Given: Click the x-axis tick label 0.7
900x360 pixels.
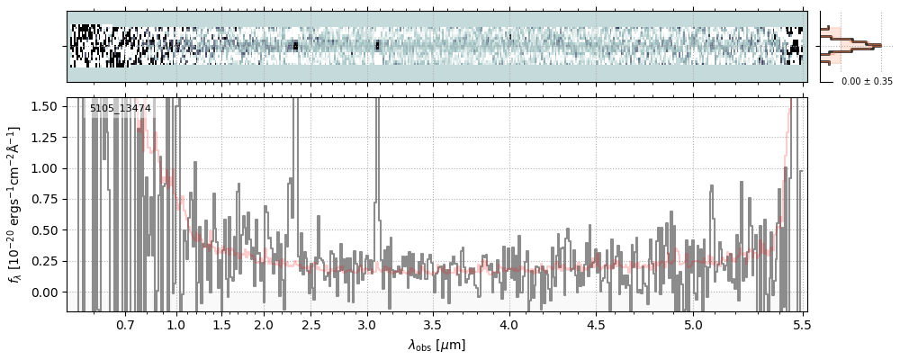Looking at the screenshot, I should pos(125,324).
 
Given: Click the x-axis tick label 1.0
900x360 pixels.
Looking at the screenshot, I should pos(176,324).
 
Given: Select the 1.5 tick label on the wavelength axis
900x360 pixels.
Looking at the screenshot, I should pos(221,324).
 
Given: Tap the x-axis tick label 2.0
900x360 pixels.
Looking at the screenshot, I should pos(263,324).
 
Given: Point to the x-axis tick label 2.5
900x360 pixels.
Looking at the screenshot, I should pos(310,324).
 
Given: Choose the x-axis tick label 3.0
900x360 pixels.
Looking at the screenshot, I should pos(365,324).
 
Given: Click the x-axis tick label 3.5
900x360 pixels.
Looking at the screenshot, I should pos(432,324).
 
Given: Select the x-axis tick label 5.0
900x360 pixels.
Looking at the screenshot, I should pos(693,324).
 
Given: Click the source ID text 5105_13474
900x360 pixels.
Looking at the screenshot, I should pos(121,109).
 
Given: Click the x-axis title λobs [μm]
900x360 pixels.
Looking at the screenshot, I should pos(436,345).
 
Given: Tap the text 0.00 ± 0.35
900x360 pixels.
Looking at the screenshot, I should pos(867,81).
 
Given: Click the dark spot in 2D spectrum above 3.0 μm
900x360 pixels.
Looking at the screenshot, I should pos(377,45).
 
